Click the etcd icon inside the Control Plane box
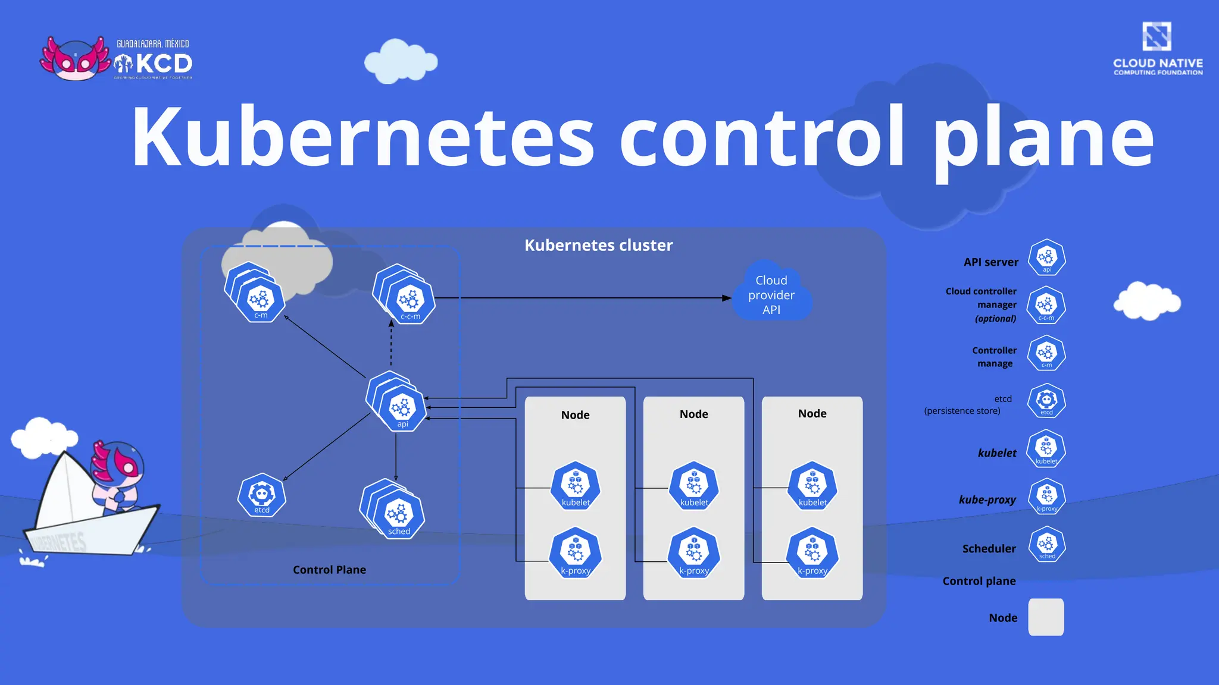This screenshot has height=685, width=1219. click(x=262, y=495)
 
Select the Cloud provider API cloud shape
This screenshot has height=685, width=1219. click(x=771, y=294)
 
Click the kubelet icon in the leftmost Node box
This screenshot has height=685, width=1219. click(x=576, y=485)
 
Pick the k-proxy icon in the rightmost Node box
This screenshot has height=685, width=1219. click(x=812, y=553)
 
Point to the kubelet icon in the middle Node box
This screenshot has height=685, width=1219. click(x=694, y=485)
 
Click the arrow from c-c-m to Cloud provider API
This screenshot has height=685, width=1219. click(x=595, y=298)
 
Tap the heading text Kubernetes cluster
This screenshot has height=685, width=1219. click(x=598, y=245)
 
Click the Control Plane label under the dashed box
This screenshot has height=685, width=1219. click(x=329, y=570)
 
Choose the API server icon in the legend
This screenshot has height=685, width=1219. click(x=1046, y=257)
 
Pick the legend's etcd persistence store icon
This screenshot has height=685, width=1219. click(x=1046, y=401)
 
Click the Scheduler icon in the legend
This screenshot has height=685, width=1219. click(x=1046, y=545)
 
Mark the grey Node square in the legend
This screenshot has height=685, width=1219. click(x=1046, y=617)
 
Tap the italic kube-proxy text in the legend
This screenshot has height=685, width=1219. click(x=987, y=499)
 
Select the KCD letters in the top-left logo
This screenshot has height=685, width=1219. click(x=162, y=63)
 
